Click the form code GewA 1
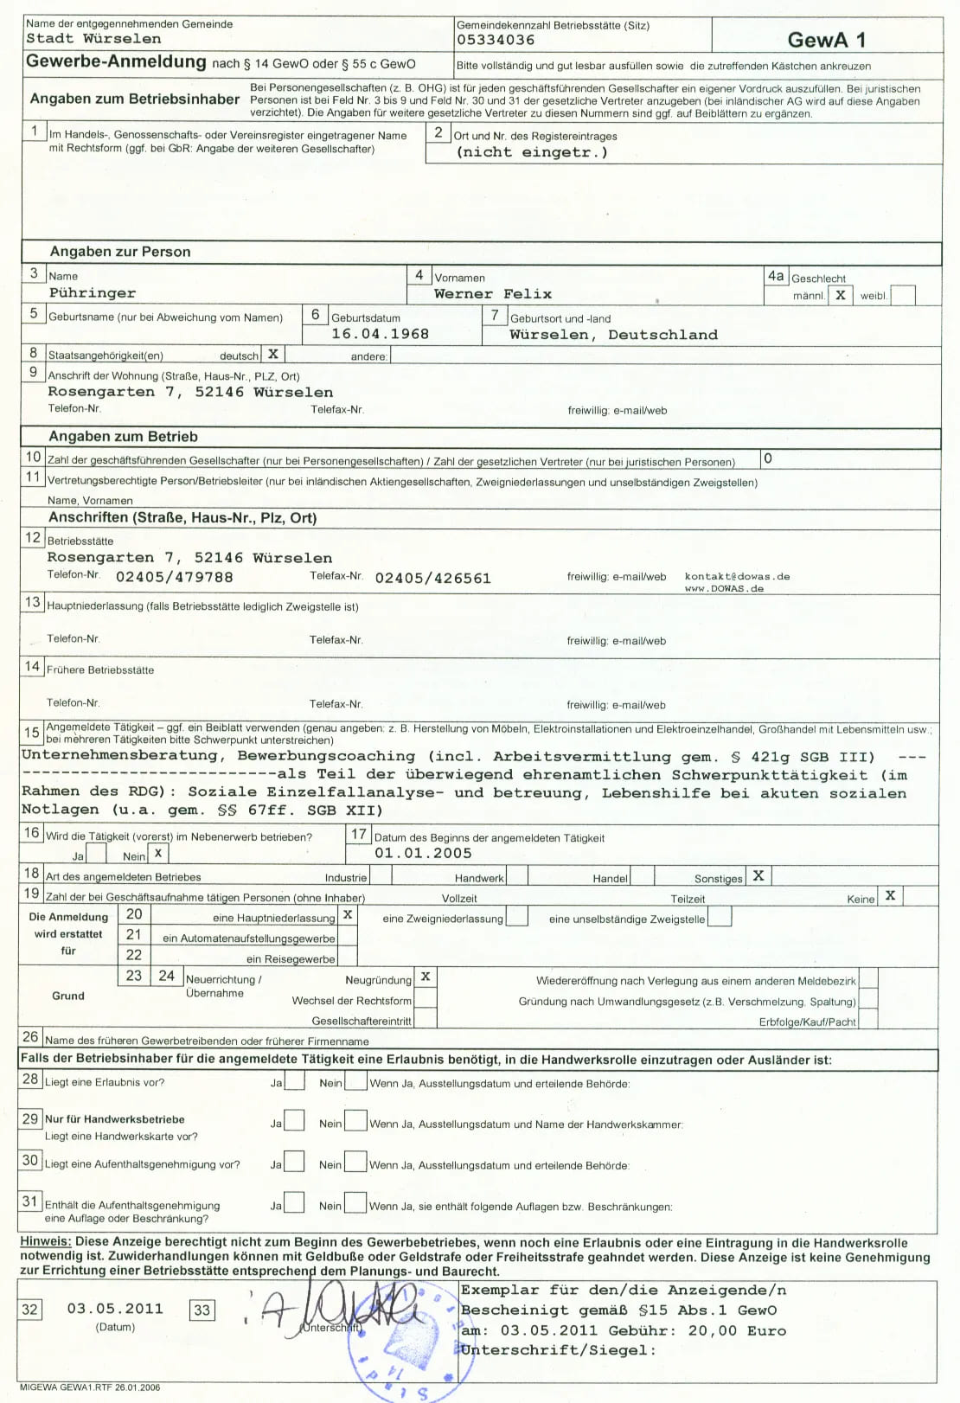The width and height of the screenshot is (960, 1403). [826, 40]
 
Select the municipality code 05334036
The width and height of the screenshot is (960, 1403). [496, 40]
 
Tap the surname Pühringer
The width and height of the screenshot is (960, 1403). [93, 293]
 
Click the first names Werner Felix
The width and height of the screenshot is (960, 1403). [492, 294]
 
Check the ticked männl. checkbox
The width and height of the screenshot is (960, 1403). [840, 295]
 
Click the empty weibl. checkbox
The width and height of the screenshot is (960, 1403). [902, 295]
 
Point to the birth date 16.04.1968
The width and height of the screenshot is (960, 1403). [380, 334]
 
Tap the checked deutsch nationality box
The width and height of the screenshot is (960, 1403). [273, 354]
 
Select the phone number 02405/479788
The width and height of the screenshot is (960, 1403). [174, 577]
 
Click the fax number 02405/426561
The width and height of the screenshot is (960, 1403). [432, 578]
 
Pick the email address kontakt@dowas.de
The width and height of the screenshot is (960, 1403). [737, 576]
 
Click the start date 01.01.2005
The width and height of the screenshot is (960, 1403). [423, 853]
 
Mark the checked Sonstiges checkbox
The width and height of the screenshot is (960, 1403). [758, 875]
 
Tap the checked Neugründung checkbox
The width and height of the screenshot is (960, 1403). [426, 977]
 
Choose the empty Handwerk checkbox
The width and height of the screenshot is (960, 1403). [515, 876]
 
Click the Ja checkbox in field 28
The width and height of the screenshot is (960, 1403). [295, 1080]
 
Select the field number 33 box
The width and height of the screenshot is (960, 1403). [202, 1310]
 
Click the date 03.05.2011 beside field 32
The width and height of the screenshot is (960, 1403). [115, 1309]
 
